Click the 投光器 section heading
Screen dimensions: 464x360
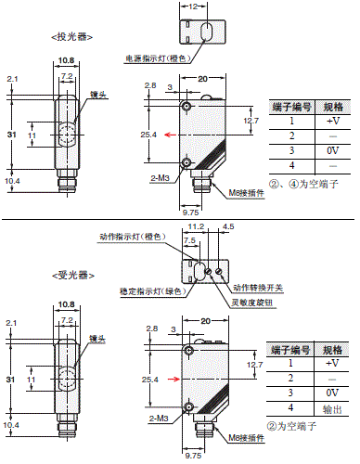coord(67,37)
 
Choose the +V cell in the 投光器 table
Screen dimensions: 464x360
coord(331,121)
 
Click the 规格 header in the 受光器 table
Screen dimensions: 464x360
coord(331,349)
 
